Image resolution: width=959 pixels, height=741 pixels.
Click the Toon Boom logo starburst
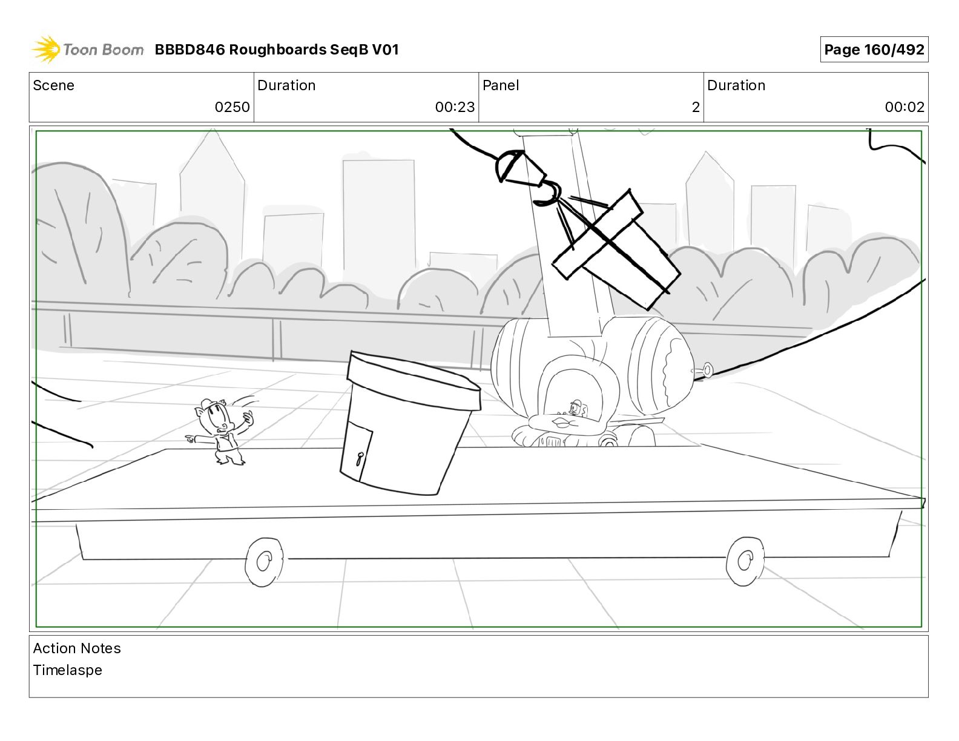click(46, 50)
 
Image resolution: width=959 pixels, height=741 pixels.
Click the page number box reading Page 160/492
click(874, 50)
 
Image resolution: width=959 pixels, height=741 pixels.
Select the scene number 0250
click(232, 107)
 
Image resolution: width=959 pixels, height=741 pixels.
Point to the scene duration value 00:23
click(455, 107)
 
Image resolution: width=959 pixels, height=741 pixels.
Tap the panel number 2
click(696, 107)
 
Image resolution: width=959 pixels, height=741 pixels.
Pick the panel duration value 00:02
click(905, 107)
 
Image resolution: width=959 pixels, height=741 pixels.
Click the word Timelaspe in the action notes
click(68, 670)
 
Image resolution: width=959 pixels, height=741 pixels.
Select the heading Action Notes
click(77, 648)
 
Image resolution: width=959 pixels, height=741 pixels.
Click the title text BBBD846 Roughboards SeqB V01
click(277, 50)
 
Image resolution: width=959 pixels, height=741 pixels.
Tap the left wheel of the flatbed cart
click(264, 562)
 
